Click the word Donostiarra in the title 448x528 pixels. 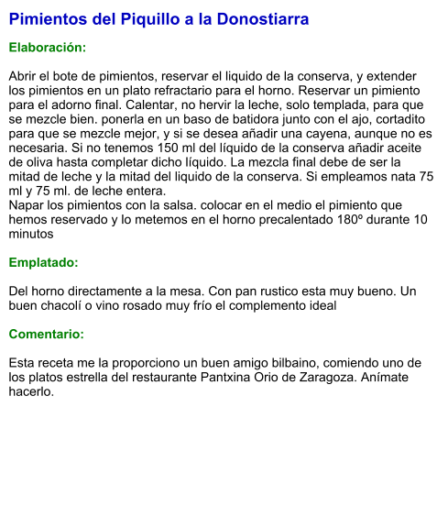264,18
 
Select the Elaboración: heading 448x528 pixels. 48,47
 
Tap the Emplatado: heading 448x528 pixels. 44,263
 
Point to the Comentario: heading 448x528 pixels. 47,334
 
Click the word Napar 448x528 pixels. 27,205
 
